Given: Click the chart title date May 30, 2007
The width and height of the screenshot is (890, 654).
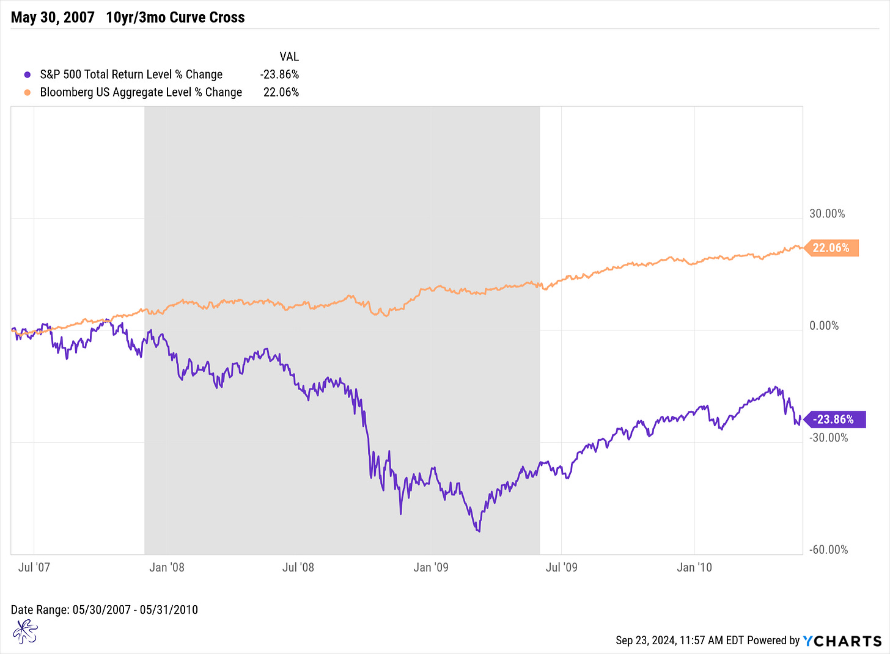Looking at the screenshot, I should point(53,17).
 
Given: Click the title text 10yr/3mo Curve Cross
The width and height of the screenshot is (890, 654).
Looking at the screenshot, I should point(175,17).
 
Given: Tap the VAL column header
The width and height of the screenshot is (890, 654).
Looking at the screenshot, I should point(289,56).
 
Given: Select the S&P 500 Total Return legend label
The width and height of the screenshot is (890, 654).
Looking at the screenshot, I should point(131,74).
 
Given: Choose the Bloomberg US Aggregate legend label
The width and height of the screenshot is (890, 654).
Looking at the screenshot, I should point(141,92).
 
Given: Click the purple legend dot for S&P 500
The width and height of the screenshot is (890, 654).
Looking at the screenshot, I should point(27,74).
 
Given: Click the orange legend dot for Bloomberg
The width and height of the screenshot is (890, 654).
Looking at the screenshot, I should point(27,92).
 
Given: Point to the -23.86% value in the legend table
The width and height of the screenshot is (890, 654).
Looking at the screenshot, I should point(279,74).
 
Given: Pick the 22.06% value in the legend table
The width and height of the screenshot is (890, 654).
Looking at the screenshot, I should point(281,92).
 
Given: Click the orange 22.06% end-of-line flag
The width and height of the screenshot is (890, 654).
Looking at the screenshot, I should point(831,248).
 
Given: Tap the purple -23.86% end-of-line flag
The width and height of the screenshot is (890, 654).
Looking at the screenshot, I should point(834,420).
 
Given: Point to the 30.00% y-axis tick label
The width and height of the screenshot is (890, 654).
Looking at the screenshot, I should point(827,214).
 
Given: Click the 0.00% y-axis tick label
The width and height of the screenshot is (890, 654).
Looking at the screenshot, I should point(824,325).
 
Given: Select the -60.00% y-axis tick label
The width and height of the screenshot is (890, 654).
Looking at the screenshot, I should point(829,550).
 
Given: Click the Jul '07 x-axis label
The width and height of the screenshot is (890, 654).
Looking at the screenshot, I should point(34,567).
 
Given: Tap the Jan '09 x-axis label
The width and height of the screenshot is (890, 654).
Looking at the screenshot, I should point(431,567).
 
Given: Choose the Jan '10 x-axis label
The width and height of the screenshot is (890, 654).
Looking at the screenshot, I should point(694,567).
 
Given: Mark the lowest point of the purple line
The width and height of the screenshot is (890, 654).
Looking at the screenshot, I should point(479,531).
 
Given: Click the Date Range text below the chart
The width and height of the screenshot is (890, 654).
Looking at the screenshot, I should point(105,609).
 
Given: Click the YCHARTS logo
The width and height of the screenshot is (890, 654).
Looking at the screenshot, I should point(842,641).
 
